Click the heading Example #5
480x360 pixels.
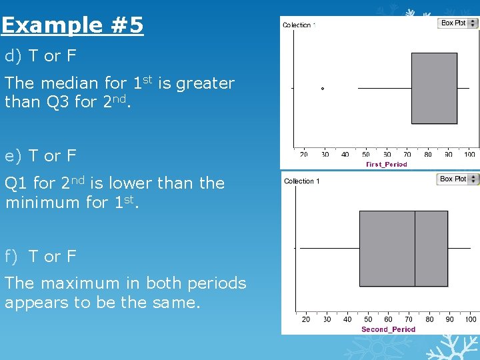click(x=72, y=26)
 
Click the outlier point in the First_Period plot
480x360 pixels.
click(x=323, y=88)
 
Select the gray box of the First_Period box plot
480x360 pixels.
click(x=434, y=88)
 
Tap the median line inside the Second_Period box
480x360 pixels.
click(x=415, y=248)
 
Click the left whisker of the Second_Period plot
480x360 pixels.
click(x=330, y=248)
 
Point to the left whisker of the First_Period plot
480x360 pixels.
click(x=385, y=88)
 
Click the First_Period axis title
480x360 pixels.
click(x=387, y=164)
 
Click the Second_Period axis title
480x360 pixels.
click(x=388, y=329)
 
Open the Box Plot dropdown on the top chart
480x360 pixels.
click(x=459, y=23)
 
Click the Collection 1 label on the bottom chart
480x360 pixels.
click(x=302, y=181)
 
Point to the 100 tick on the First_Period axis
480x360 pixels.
click(x=469, y=155)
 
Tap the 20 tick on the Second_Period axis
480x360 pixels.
click(x=306, y=319)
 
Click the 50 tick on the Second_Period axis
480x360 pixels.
click(x=368, y=319)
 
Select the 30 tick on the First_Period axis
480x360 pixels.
click(x=325, y=155)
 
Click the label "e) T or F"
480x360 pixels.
click(x=41, y=156)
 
